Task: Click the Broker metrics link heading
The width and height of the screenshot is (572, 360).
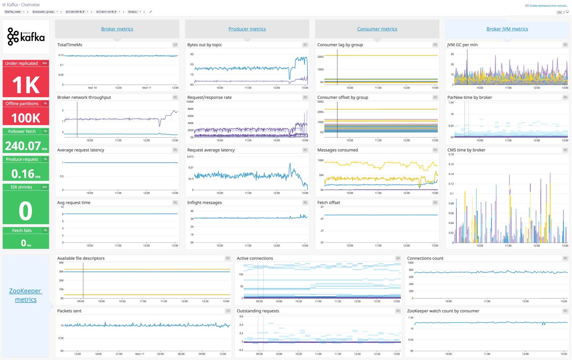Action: [x=117, y=29]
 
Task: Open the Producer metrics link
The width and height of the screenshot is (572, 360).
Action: [x=247, y=29]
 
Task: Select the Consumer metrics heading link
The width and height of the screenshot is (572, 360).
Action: [x=377, y=29]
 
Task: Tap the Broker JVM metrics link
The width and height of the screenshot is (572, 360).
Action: [x=507, y=29]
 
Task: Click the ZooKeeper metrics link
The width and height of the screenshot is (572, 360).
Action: [x=25, y=295]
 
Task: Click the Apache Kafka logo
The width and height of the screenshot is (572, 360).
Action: [x=26, y=36]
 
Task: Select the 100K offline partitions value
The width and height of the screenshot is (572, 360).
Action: [x=26, y=118]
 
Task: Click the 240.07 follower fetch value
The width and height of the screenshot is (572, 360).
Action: [x=23, y=146]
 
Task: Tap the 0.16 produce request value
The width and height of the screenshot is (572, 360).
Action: [x=23, y=174]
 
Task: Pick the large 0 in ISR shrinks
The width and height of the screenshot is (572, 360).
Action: [x=26, y=211]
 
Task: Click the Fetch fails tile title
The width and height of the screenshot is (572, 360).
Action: [x=22, y=230]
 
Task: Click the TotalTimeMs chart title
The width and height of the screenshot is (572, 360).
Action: [x=70, y=45]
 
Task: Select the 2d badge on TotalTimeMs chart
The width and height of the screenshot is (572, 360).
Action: [x=175, y=45]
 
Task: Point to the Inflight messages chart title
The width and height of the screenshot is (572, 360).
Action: [x=204, y=203]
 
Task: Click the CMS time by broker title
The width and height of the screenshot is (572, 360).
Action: [x=466, y=150]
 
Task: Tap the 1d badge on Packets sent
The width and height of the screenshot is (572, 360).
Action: [x=228, y=311]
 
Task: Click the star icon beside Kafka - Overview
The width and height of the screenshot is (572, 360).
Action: [x=4, y=5]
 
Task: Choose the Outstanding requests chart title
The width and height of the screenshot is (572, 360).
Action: [x=258, y=311]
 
